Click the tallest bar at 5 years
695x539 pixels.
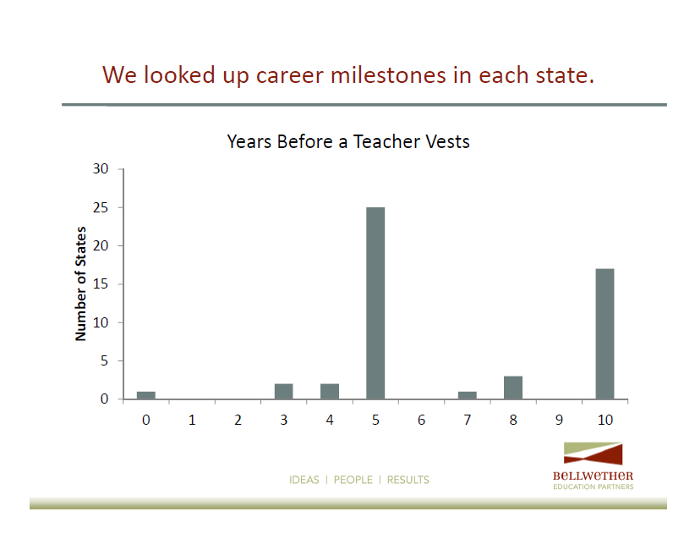click(x=375, y=303)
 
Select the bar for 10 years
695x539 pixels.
click(x=605, y=333)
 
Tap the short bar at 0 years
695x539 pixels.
click(x=145, y=395)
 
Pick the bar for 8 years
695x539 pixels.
click(x=513, y=388)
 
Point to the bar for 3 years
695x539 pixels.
click(x=284, y=391)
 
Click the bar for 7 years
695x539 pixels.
click(x=468, y=395)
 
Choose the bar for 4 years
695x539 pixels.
click(x=330, y=391)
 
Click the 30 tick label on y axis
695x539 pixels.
click(x=101, y=168)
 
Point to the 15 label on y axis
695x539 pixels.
click(x=101, y=284)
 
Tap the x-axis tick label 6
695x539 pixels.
click(x=422, y=420)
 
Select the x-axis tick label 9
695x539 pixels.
click(x=559, y=420)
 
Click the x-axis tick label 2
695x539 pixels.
click(x=238, y=420)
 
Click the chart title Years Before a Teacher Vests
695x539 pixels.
click(x=348, y=142)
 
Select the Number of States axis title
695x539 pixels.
click(x=80, y=284)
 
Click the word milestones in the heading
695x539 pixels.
click(x=388, y=75)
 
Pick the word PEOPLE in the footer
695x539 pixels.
click(x=353, y=480)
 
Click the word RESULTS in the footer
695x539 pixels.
click(x=408, y=480)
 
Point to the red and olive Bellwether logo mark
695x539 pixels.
click(x=593, y=454)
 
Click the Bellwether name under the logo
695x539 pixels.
click(x=593, y=476)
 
